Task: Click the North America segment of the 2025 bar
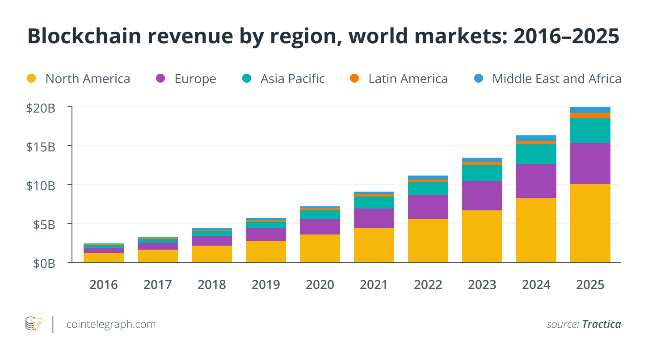[x=590, y=223]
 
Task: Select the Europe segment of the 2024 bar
[x=536, y=181]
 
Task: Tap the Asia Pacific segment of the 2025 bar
[x=590, y=130]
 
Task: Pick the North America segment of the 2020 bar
[x=320, y=248]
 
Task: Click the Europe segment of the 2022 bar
[x=428, y=207]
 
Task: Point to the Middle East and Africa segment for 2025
[x=590, y=110]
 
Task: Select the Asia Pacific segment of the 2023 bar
[x=482, y=173]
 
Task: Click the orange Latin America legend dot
[x=354, y=79]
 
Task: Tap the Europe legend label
[x=195, y=79]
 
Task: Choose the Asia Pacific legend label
[x=293, y=79]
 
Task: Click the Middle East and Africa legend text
[x=556, y=79]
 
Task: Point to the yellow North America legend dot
[x=31, y=79]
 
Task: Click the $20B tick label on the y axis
[x=41, y=108]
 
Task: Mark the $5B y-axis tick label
[x=44, y=224]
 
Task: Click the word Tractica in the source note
[x=602, y=324]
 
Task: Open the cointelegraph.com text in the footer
[x=111, y=324]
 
